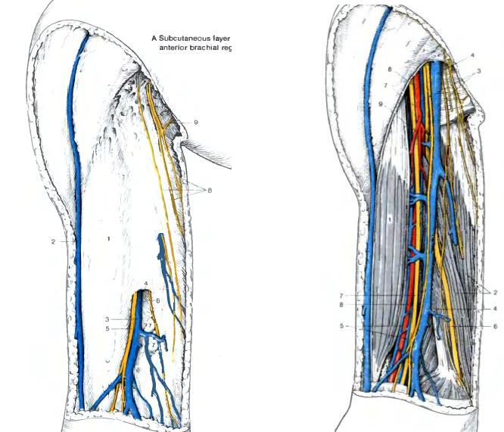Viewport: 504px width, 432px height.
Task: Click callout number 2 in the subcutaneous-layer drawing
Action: (x=54, y=241)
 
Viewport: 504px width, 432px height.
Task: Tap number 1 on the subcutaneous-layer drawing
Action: (x=109, y=238)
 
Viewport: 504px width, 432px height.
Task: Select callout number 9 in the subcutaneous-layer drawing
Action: (x=195, y=122)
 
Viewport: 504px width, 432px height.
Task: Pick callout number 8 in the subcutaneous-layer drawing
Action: (x=209, y=190)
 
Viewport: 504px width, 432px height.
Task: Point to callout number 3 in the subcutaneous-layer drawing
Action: (x=108, y=319)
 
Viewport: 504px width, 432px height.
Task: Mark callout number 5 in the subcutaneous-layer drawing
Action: (x=108, y=328)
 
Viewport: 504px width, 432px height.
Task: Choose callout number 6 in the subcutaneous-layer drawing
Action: (x=158, y=300)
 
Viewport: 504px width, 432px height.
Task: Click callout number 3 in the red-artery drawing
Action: (x=478, y=70)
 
